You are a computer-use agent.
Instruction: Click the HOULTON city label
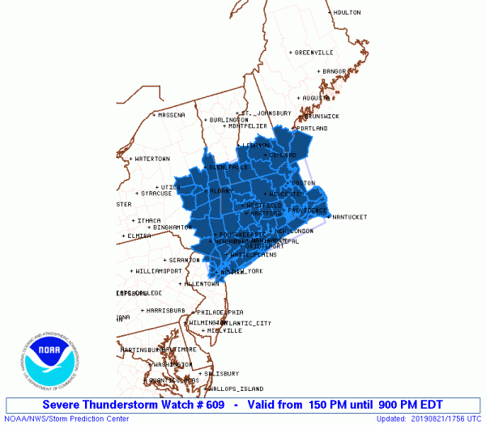click(347, 12)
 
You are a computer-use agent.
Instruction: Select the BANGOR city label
click(334, 71)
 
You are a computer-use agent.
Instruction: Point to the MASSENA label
click(171, 115)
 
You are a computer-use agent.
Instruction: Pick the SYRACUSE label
click(156, 193)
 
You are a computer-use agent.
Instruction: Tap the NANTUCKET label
click(350, 217)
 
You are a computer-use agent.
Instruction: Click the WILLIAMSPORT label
click(158, 270)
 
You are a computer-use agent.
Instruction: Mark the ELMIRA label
click(139, 236)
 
